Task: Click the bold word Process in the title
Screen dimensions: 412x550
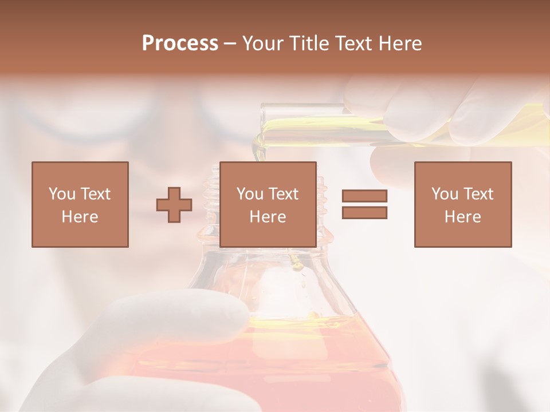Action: click(x=180, y=43)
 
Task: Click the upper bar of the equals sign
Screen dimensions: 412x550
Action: click(x=364, y=196)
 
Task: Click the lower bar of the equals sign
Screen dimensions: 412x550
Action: click(x=364, y=213)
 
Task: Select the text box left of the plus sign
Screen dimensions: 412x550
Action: click(x=80, y=204)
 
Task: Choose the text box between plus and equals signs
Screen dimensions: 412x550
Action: click(x=268, y=204)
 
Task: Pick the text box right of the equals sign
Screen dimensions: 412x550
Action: click(x=463, y=204)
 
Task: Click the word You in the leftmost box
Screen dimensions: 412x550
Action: click(x=61, y=194)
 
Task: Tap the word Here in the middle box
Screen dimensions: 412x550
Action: click(x=268, y=217)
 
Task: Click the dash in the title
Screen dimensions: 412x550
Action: click(x=230, y=43)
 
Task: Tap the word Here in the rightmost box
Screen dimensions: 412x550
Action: click(x=463, y=217)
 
